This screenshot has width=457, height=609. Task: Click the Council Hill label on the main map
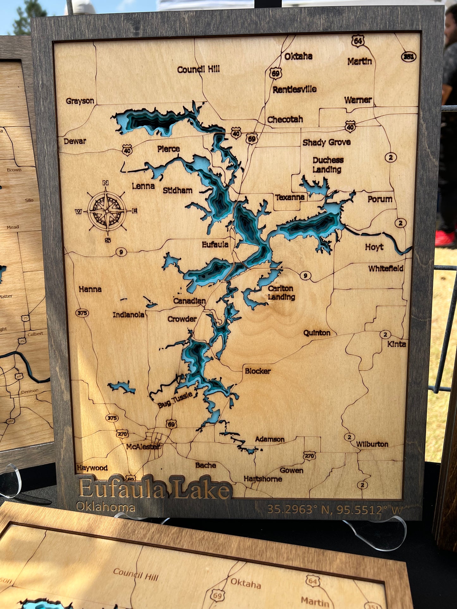click(x=198, y=69)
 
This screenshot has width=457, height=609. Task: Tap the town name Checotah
click(x=285, y=119)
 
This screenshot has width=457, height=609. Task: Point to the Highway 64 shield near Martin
click(x=358, y=41)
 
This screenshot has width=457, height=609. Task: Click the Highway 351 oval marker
click(x=409, y=57)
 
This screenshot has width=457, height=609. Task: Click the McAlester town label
click(x=143, y=446)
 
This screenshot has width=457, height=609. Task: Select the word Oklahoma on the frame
click(x=106, y=507)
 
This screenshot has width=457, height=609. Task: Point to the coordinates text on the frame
click(x=335, y=509)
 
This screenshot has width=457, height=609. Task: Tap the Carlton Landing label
click(x=281, y=293)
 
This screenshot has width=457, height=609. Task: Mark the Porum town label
click(x=380, y=199)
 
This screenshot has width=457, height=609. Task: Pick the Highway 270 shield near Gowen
click(x=309, y=456)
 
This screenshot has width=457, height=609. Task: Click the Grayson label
click(x=80, y=101)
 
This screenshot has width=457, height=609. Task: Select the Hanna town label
click(x=90, y=289)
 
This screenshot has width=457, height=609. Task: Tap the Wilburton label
click(x=372, y=444)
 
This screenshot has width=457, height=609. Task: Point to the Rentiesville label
click(x=294, y=89)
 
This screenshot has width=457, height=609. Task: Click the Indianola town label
click(x=128, y=314)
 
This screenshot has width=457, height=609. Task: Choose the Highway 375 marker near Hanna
click(x=82, y=313)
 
